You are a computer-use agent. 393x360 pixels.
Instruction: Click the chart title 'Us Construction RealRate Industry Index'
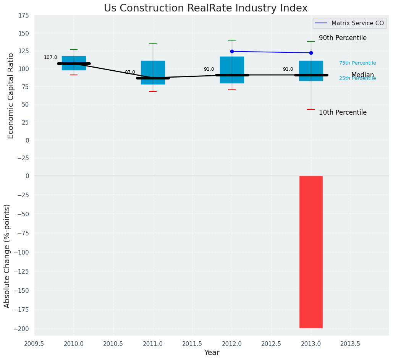tap(205, 8)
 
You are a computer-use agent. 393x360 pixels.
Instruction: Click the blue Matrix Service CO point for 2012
tap(232, 51)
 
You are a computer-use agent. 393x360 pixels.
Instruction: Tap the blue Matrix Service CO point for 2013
tap(311, 53)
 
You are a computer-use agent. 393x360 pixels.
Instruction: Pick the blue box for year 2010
tap(74, 63)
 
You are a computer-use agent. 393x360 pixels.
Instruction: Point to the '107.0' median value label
tap(50, 57)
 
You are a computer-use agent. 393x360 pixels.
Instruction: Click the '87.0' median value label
tap(130, 72)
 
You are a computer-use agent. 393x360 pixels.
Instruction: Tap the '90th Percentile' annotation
tap(343, 38)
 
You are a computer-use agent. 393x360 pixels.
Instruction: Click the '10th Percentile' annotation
tap(343, 113)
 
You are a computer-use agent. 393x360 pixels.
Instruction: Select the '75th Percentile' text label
tap(357, 63)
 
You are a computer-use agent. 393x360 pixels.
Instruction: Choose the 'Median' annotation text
tap(362, 75)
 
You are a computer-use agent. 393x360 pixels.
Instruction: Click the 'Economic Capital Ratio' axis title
tap(11, 96)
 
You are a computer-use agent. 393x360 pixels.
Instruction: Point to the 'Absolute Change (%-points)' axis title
tap(7, 256)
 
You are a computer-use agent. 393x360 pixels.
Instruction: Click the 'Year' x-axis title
tap(212, 353)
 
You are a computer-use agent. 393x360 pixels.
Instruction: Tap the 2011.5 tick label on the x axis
tap(192, 344)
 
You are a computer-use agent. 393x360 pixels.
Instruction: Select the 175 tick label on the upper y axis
tap(24, 15)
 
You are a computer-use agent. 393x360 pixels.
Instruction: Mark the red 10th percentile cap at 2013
tap(311, 109)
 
